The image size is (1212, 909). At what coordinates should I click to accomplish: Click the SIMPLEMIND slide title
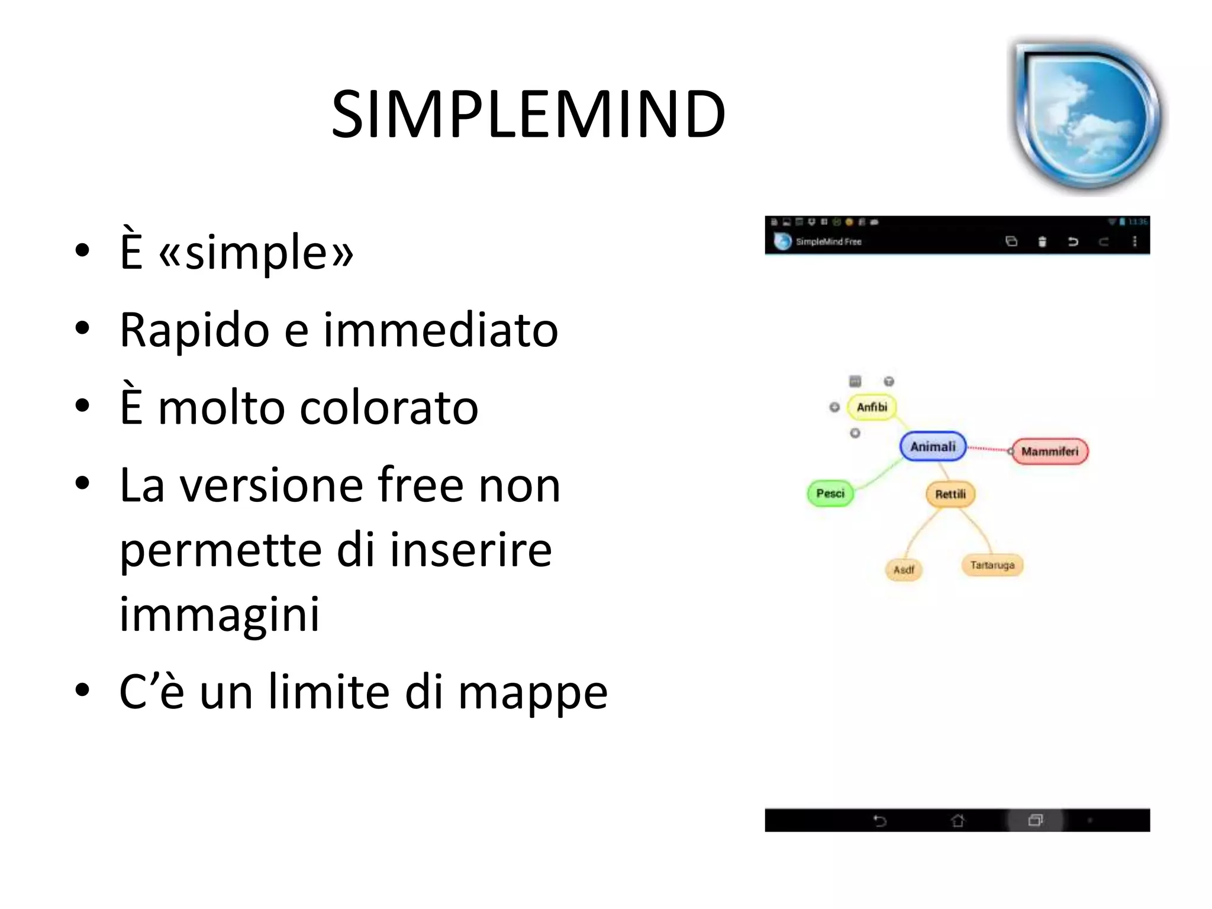tap(528, 114)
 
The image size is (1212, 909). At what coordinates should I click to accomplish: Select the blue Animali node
tap(933, 447)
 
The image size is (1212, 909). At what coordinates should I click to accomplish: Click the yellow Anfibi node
tap(872, 407)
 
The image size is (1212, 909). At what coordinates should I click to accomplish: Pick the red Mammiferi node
tap(1050, 452)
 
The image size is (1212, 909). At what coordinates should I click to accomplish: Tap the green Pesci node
tap(830, 494)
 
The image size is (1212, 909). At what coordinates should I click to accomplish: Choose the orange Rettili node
tap(950, 494)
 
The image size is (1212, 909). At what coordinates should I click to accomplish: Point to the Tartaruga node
tap(992, 565)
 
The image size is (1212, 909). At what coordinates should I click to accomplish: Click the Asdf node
tap(904, 570)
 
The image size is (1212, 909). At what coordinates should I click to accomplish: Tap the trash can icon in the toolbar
tap(1042, 241)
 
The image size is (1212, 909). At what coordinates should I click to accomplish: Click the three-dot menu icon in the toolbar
tap(1134, 241)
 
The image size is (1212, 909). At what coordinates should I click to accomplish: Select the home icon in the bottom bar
tap(958, 820)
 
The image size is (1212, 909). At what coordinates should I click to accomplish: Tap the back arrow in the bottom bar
tap(880, 820)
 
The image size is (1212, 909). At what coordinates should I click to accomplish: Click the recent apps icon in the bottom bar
tap(1035, 820)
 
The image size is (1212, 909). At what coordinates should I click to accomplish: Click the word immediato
tap(440, 330)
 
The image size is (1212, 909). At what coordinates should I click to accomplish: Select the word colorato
tap(389, 408)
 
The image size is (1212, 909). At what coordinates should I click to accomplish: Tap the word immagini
tap(220, 614)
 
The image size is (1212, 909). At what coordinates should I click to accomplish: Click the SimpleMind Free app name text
tap(829, 241)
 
